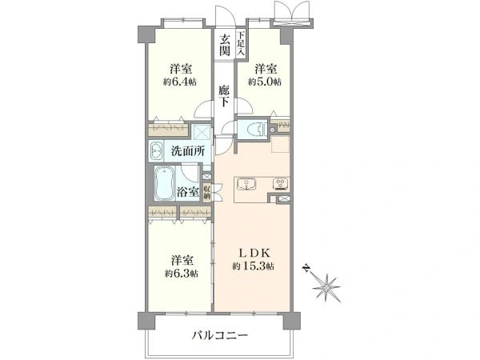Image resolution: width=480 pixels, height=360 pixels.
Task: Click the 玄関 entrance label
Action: [x=225, y=44]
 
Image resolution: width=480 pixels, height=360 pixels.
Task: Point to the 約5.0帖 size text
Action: [x=263, y=82]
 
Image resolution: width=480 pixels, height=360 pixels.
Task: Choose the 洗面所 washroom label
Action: [x=188, y=151]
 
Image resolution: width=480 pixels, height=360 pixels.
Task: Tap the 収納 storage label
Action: [x=207, y=192]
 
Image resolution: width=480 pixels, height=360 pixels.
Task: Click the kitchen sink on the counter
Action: [x=246, y=185]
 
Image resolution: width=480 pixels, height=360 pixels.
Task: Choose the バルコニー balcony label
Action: [x=221, y=336]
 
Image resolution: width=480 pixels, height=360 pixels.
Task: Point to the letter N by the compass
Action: [x=305, y=269]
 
